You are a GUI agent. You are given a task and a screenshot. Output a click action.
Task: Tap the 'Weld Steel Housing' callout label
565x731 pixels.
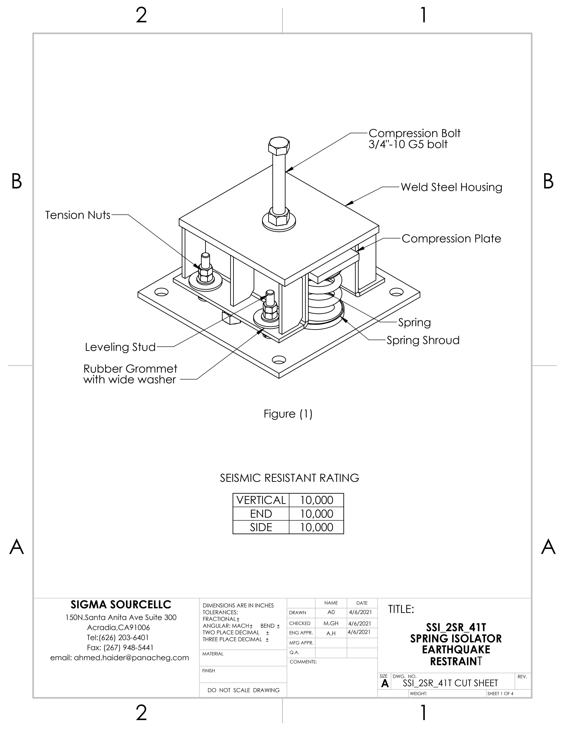tap(451, 187)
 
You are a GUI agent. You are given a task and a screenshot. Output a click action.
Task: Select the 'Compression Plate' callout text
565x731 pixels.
tap(451, 239)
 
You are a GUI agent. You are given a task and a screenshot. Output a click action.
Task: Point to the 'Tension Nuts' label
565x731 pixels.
tap(78, 215)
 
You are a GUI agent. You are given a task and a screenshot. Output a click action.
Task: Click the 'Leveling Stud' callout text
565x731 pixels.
tap(120, 347)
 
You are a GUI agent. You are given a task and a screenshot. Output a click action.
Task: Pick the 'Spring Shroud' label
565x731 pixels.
tap(423, 340)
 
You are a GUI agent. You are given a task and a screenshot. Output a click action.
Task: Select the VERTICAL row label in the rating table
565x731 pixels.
tap(261, 500)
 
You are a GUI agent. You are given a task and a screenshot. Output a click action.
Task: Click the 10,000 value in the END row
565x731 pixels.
tap(316, 514)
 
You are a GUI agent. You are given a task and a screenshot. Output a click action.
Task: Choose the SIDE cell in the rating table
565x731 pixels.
tap(261, 527)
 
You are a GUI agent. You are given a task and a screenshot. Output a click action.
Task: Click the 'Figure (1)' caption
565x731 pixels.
tap(288, 414)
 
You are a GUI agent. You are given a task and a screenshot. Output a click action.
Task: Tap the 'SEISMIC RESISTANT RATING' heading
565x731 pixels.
tap(289, 478)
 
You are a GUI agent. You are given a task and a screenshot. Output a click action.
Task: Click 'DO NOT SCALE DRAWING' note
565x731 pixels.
tap(243, 690)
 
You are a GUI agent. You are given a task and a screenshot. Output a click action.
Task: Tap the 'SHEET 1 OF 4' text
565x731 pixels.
tap(500, 694)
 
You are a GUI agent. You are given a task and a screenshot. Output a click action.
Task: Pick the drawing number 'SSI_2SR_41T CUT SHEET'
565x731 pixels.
tap(450, 683)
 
